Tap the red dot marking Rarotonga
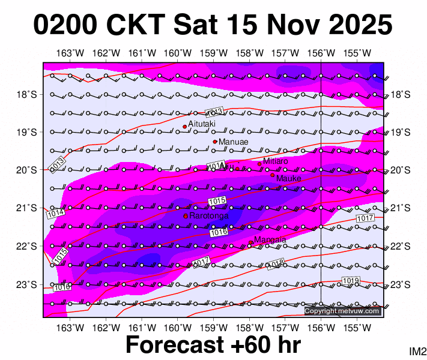(186, 216)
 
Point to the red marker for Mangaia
(250, 242)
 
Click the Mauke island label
(288, 178)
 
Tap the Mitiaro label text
(276, 161)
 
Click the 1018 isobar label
(275, 264)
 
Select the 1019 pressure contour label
(350, 281)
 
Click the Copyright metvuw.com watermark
(342, 311)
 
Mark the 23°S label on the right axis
(400, 284)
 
